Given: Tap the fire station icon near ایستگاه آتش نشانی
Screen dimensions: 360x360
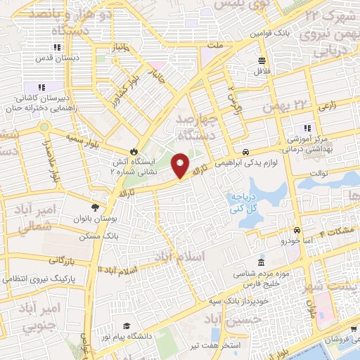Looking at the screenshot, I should (132, 151).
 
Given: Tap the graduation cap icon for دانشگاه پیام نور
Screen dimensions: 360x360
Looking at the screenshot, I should (126, 325).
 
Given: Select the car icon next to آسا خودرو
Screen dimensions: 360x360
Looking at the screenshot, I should (297, 230).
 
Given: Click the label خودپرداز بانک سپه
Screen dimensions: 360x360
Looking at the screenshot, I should (224, 301).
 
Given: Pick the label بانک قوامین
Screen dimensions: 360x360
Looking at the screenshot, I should (271, 33).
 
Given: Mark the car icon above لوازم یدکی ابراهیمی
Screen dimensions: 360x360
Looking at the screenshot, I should (245, 152).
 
